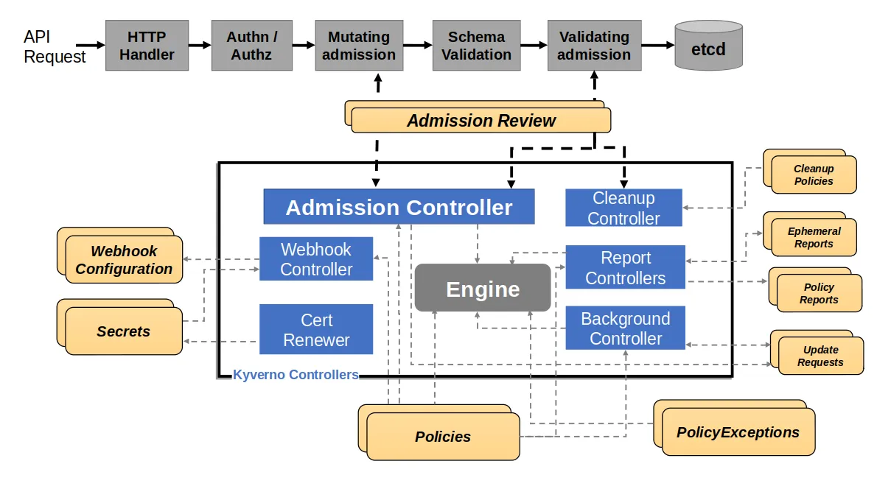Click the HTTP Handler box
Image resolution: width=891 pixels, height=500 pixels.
point(147,46)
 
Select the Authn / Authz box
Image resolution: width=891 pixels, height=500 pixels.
point(252,46)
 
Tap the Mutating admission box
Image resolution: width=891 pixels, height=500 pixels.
point(358,46)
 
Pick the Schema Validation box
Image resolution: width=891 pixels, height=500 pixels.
point(476,46)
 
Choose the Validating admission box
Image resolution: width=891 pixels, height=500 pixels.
point(593,46)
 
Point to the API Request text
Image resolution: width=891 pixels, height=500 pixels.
point(54,46)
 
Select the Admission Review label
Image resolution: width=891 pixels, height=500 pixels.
point(481,121)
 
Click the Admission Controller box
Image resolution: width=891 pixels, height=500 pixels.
point(399,207)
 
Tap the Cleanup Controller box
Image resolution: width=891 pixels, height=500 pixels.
point(623,208)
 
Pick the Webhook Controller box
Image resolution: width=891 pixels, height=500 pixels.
point(316,259)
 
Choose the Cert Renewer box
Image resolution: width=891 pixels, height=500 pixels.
point(316,330)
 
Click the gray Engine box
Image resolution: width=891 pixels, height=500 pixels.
point(483,288)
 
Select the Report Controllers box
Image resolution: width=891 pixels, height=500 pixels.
point(625,267)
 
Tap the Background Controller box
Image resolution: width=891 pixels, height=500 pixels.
point(625,328)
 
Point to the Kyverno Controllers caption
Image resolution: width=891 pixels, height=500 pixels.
point(296,375)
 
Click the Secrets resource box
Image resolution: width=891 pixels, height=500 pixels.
point(123,331)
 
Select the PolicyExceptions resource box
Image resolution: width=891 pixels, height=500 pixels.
point(738,432)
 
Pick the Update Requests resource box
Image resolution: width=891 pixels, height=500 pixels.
point(820,356)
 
